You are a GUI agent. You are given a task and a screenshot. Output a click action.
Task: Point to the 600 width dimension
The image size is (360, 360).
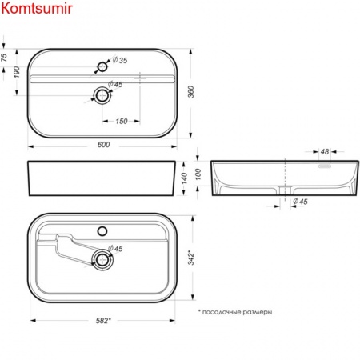102,145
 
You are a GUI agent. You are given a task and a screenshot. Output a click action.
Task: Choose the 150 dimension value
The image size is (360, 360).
121,120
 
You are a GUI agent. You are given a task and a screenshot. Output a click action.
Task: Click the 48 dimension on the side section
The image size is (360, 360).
325,151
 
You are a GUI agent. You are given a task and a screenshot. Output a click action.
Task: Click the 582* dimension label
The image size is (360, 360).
102,321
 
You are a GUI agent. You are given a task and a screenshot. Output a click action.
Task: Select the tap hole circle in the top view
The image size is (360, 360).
102,64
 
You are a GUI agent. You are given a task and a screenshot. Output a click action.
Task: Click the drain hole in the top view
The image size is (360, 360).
102,95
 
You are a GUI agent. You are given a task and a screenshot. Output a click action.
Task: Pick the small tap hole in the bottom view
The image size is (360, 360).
102,230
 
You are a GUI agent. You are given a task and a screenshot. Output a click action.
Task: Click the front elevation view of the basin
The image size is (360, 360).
102,178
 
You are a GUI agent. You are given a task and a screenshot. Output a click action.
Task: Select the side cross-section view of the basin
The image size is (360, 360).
284,178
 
